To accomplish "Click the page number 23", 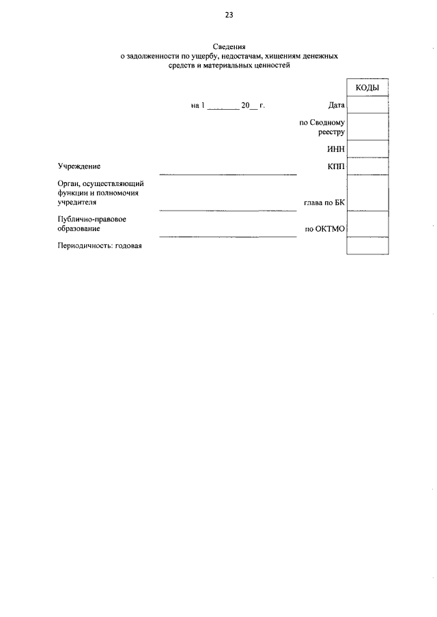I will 229,14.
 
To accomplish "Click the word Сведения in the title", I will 229,46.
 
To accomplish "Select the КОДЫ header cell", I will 367,88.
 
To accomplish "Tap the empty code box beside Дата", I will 367,104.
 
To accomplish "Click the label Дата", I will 337,105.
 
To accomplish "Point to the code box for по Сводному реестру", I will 367,125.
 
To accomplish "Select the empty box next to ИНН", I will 367,149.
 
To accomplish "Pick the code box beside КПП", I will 367,166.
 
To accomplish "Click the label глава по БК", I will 324,202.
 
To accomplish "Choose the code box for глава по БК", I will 367,193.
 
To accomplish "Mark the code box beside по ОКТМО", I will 367,223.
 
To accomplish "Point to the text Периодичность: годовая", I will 100,246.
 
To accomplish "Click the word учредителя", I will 77,202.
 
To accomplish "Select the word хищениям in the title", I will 270,57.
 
